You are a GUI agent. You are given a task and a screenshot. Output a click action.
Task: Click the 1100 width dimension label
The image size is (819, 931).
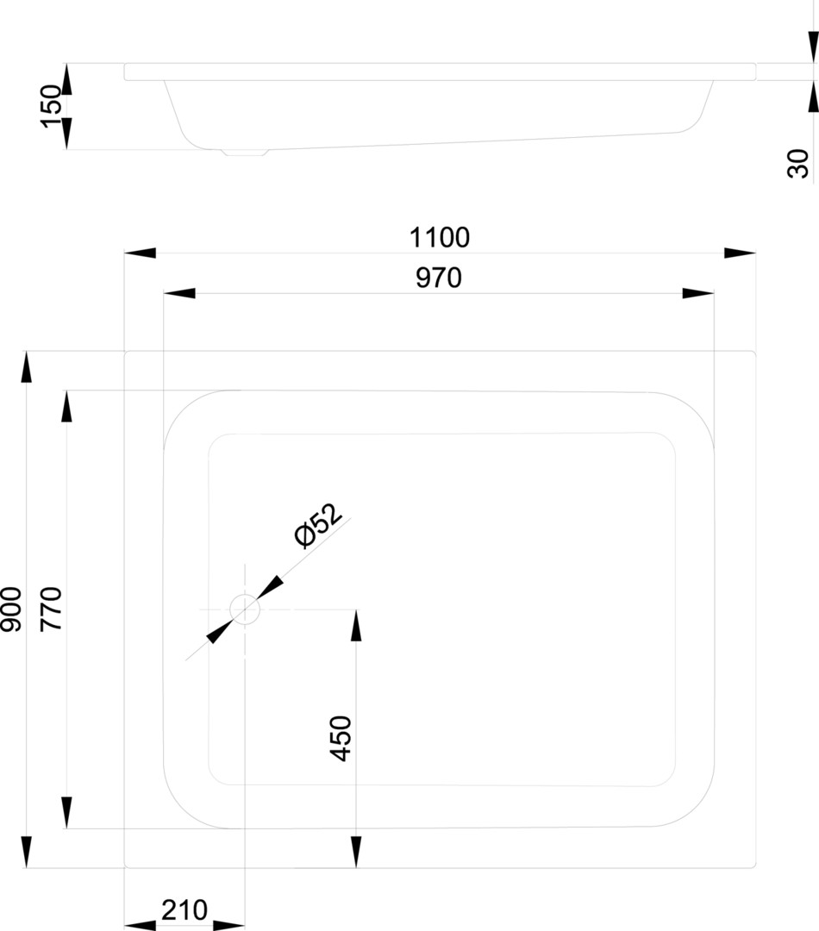click(x=440, y=236)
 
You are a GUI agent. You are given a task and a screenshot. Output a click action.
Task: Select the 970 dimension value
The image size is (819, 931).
click(x=439, y=278)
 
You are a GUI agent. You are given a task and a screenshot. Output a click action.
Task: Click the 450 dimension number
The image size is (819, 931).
click(x=341, y=738)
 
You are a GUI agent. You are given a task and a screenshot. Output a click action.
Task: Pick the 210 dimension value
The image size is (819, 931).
click(x=184, y=910)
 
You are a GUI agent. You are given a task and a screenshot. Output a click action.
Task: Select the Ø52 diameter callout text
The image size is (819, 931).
click(x=318, y=525)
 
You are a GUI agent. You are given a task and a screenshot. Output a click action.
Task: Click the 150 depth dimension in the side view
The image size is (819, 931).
click(x=52, y=106)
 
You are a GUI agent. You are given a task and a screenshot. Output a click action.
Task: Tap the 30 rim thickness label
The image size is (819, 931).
click(x=799, y=163)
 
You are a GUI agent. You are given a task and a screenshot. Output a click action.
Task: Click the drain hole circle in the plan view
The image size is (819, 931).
click(x=245, y=609)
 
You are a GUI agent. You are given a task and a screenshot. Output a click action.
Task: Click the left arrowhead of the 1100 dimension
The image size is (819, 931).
click(x=140, y=253)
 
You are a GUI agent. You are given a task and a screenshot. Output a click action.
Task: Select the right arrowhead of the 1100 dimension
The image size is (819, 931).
click(x=740, y=253)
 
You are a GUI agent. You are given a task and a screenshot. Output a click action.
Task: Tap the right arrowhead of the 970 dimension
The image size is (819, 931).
click(x=698, y=294)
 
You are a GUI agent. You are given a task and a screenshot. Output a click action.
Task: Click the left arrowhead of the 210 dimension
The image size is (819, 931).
click(x=140, y=925)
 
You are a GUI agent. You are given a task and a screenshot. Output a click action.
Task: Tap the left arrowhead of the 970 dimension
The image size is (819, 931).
click(x=179, y=294)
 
